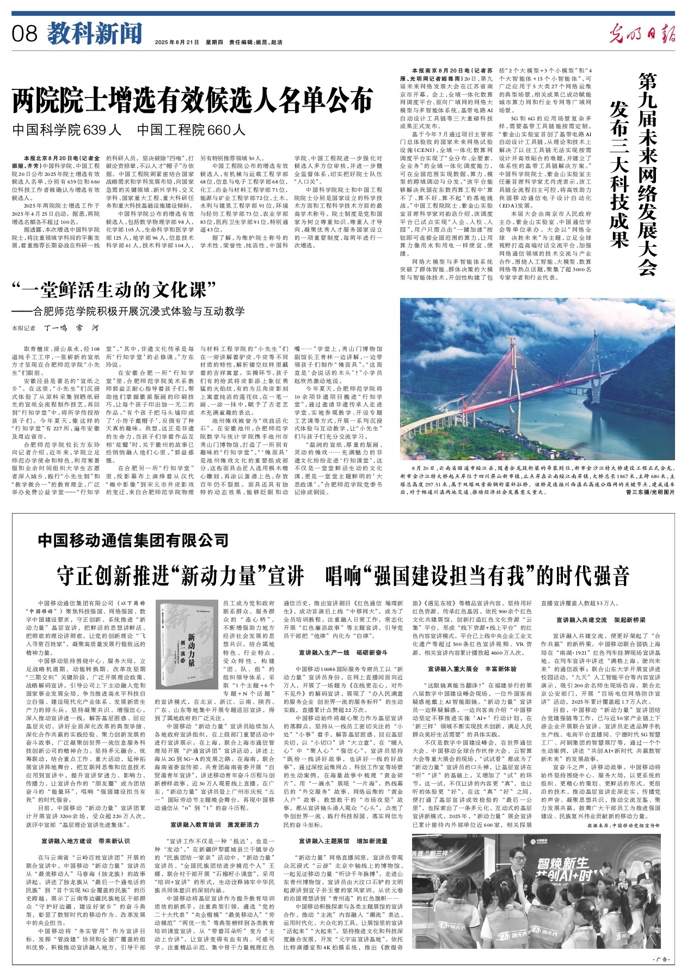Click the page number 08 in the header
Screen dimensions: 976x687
pos(24,34)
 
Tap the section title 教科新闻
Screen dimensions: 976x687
pos(94,34)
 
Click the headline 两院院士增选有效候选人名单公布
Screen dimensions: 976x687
pos(193,101)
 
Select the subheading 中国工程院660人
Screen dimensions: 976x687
pos(191,130)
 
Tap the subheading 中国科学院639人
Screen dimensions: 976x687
pos(67,130)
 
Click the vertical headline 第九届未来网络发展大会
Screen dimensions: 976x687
pos(648,174)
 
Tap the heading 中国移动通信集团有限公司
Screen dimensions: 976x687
pos(133,541)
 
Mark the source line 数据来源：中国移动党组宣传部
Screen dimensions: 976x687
pos(624,826)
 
